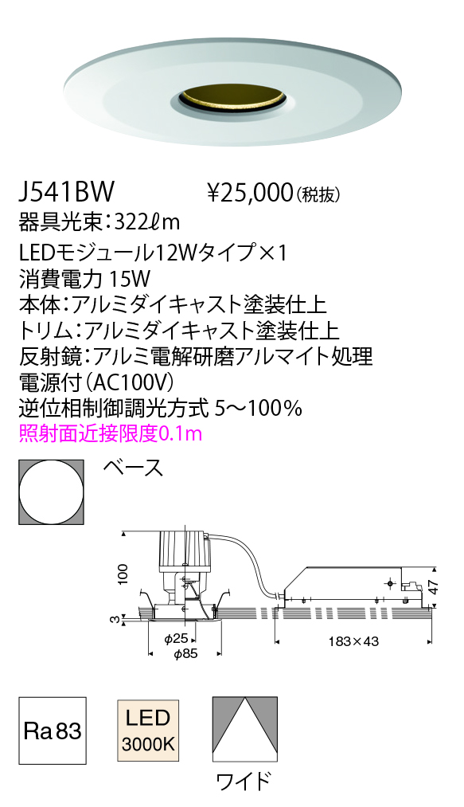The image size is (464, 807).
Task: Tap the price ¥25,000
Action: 248,193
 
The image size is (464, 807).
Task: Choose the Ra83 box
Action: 53,731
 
